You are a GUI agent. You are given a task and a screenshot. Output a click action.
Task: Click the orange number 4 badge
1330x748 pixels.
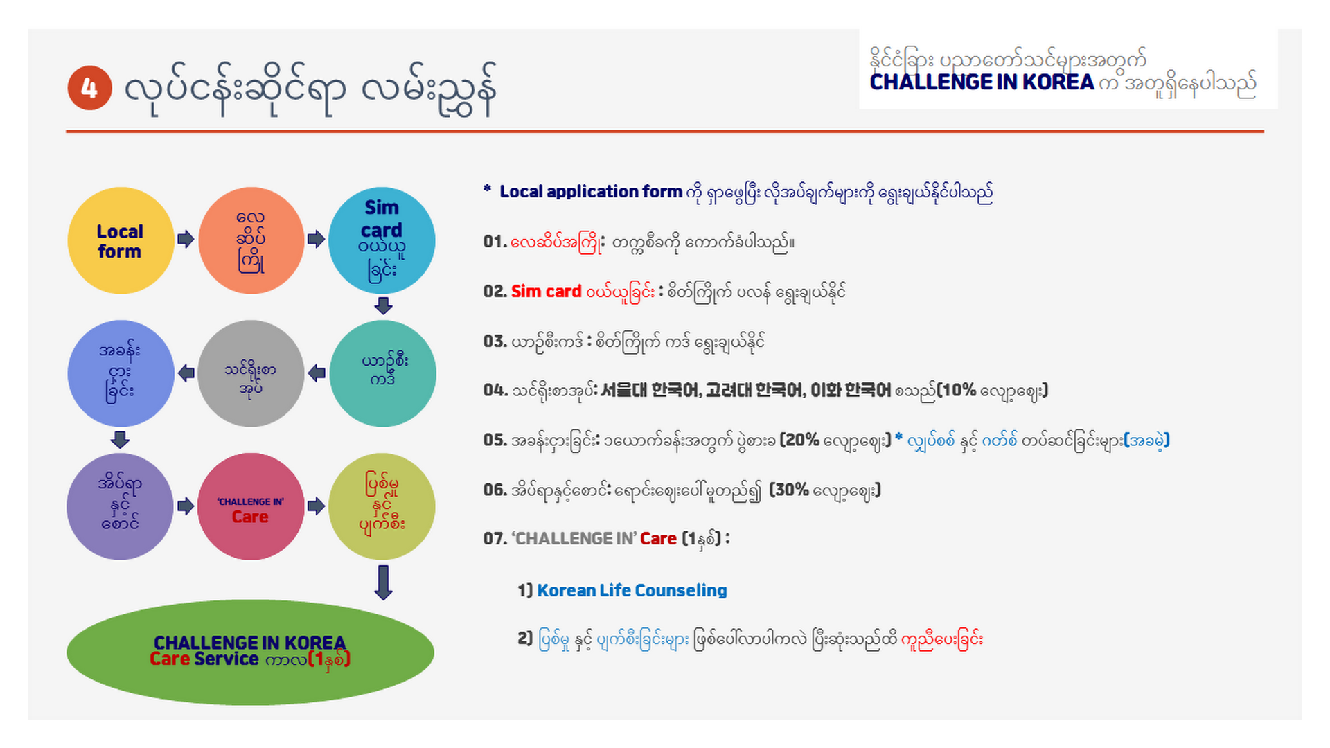point(89,88)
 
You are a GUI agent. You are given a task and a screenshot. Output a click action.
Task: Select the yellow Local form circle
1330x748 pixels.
point(121,240)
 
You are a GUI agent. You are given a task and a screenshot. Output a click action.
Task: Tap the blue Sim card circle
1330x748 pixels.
point(382,240)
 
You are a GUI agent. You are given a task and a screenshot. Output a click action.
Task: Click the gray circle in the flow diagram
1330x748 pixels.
point(251,373)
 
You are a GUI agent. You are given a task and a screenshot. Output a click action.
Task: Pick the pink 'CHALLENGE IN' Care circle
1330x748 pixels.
point(251,506)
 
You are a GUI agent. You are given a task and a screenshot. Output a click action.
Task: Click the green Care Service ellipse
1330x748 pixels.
point(250,652)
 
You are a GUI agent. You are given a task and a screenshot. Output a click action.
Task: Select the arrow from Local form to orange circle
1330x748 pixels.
point(186,239)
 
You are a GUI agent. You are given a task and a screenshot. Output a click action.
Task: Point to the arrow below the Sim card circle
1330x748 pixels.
point(383,305)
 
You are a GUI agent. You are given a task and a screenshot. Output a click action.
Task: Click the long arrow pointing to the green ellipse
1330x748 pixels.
point(383,582)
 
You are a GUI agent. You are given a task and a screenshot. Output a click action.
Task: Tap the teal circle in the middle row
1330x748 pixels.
point(382,373)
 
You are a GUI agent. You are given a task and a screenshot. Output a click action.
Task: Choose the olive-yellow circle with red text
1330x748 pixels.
point(382,506)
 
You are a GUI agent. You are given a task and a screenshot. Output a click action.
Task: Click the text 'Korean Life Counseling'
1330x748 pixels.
point(632,590)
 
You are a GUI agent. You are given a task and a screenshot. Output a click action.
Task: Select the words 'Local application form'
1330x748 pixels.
point(591,192)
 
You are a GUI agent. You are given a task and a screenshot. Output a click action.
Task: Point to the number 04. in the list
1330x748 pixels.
point(495,390)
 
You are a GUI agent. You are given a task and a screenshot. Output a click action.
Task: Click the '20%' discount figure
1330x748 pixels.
point(801,440)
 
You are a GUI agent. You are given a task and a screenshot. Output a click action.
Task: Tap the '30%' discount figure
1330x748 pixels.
point(791,490)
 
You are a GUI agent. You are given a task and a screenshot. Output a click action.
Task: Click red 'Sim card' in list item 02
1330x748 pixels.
point(546,292)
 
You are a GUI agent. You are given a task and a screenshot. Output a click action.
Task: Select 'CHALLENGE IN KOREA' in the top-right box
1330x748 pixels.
point(982,82)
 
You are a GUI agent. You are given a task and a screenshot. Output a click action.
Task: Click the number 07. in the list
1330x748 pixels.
point(495,539)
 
